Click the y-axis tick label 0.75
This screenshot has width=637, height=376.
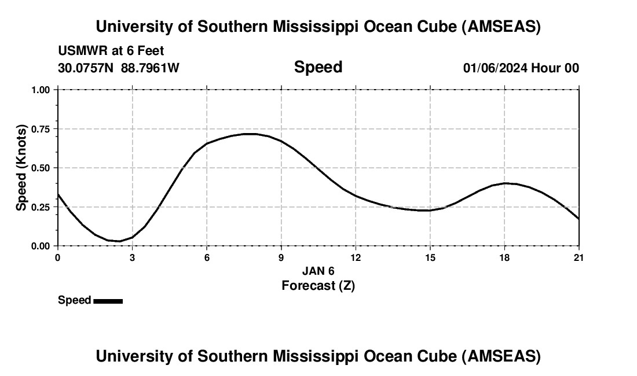point(41,129)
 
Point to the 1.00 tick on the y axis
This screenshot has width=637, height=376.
point(41,90)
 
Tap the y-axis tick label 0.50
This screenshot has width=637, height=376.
point(41,168)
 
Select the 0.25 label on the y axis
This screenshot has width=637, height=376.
point(41,207)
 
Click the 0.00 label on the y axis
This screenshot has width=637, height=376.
point(41,246)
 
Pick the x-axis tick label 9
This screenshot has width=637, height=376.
point(281,257)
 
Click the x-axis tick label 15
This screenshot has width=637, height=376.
point(430,257)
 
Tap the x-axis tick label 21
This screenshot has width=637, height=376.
point(579,257)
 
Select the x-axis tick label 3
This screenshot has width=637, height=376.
point(132,257)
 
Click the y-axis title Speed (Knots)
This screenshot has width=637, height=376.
point(21,168)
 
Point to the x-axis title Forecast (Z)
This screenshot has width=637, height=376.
point(318,285)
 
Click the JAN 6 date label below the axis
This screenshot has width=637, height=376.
point(318,271)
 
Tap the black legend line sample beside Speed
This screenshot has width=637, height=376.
point(108,301)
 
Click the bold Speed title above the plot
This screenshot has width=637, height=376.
point(318,67)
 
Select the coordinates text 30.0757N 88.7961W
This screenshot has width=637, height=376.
point(119,68)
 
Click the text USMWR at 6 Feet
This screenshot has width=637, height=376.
point(111,51)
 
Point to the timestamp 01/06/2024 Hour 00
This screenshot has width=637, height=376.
point(521,68)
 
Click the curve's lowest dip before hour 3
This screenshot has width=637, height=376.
point(119,241)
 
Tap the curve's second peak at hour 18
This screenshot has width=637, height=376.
point(505,183)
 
